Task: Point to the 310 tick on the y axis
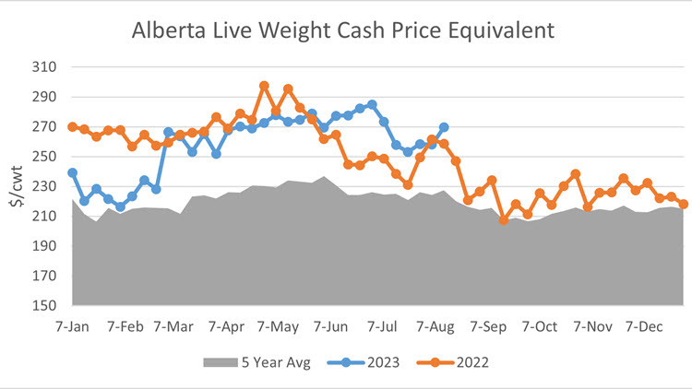click(x=45, y=67)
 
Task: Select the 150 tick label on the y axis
click(x=45, y=305)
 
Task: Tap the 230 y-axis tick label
click(x=45, y=186)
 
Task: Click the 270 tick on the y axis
click(x=45, y=127)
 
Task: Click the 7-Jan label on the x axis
click(x=73, y=325)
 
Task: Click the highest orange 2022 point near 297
click(x=264, y=86)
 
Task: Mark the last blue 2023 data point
click(x=444, y=127)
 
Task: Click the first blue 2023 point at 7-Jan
click(x=72, y=172)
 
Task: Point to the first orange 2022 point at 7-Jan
click(x=72, y=126)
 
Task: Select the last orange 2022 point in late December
click(x=684, y=205)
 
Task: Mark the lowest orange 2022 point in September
click(x=504, y=220)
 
